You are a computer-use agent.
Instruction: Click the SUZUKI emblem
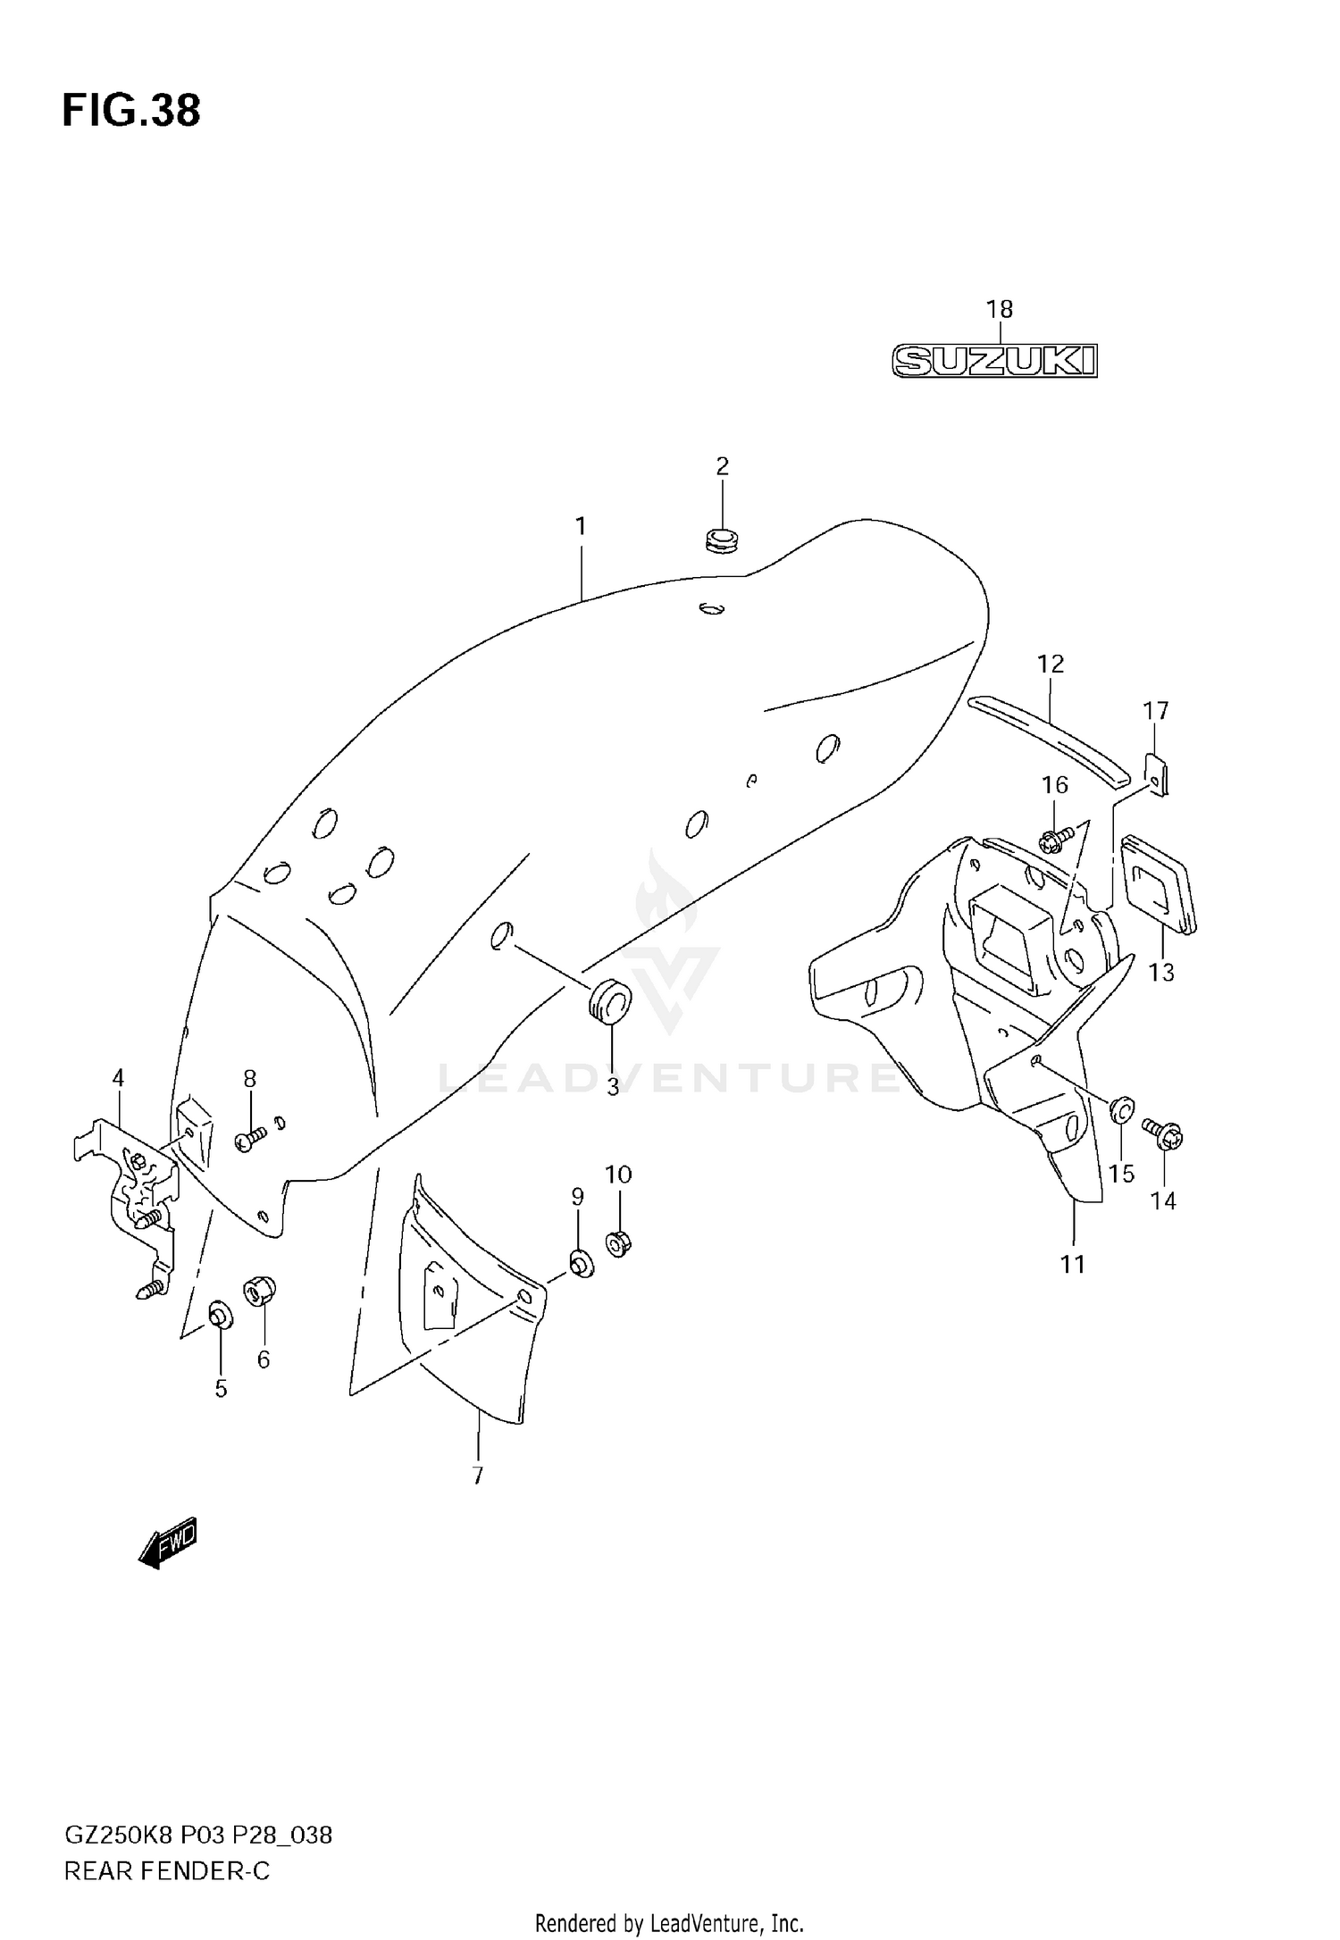click(x=994, y=361)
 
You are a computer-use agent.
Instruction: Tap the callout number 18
click(x=999, y=309)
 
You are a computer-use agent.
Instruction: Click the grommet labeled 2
click(x=722, y=539)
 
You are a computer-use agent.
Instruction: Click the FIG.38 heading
click(x=131, y=111)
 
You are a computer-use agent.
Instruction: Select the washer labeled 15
click(x=1123, y=1109)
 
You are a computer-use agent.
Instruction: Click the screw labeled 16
click(x=1057, y=837)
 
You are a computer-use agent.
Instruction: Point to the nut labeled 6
click(x=260, y=1290)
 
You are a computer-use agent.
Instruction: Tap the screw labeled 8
click(x=249, y=1139)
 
